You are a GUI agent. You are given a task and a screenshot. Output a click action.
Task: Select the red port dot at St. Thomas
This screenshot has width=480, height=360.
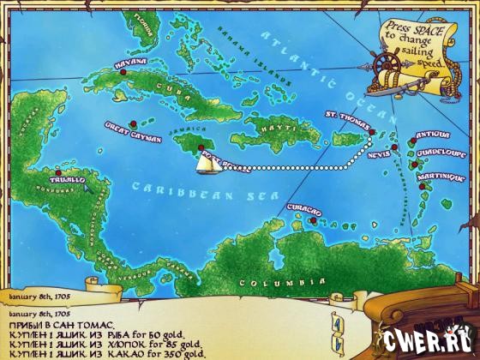click(373, 131)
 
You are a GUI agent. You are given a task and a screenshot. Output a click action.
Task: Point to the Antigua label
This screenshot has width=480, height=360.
click(428, 135)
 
